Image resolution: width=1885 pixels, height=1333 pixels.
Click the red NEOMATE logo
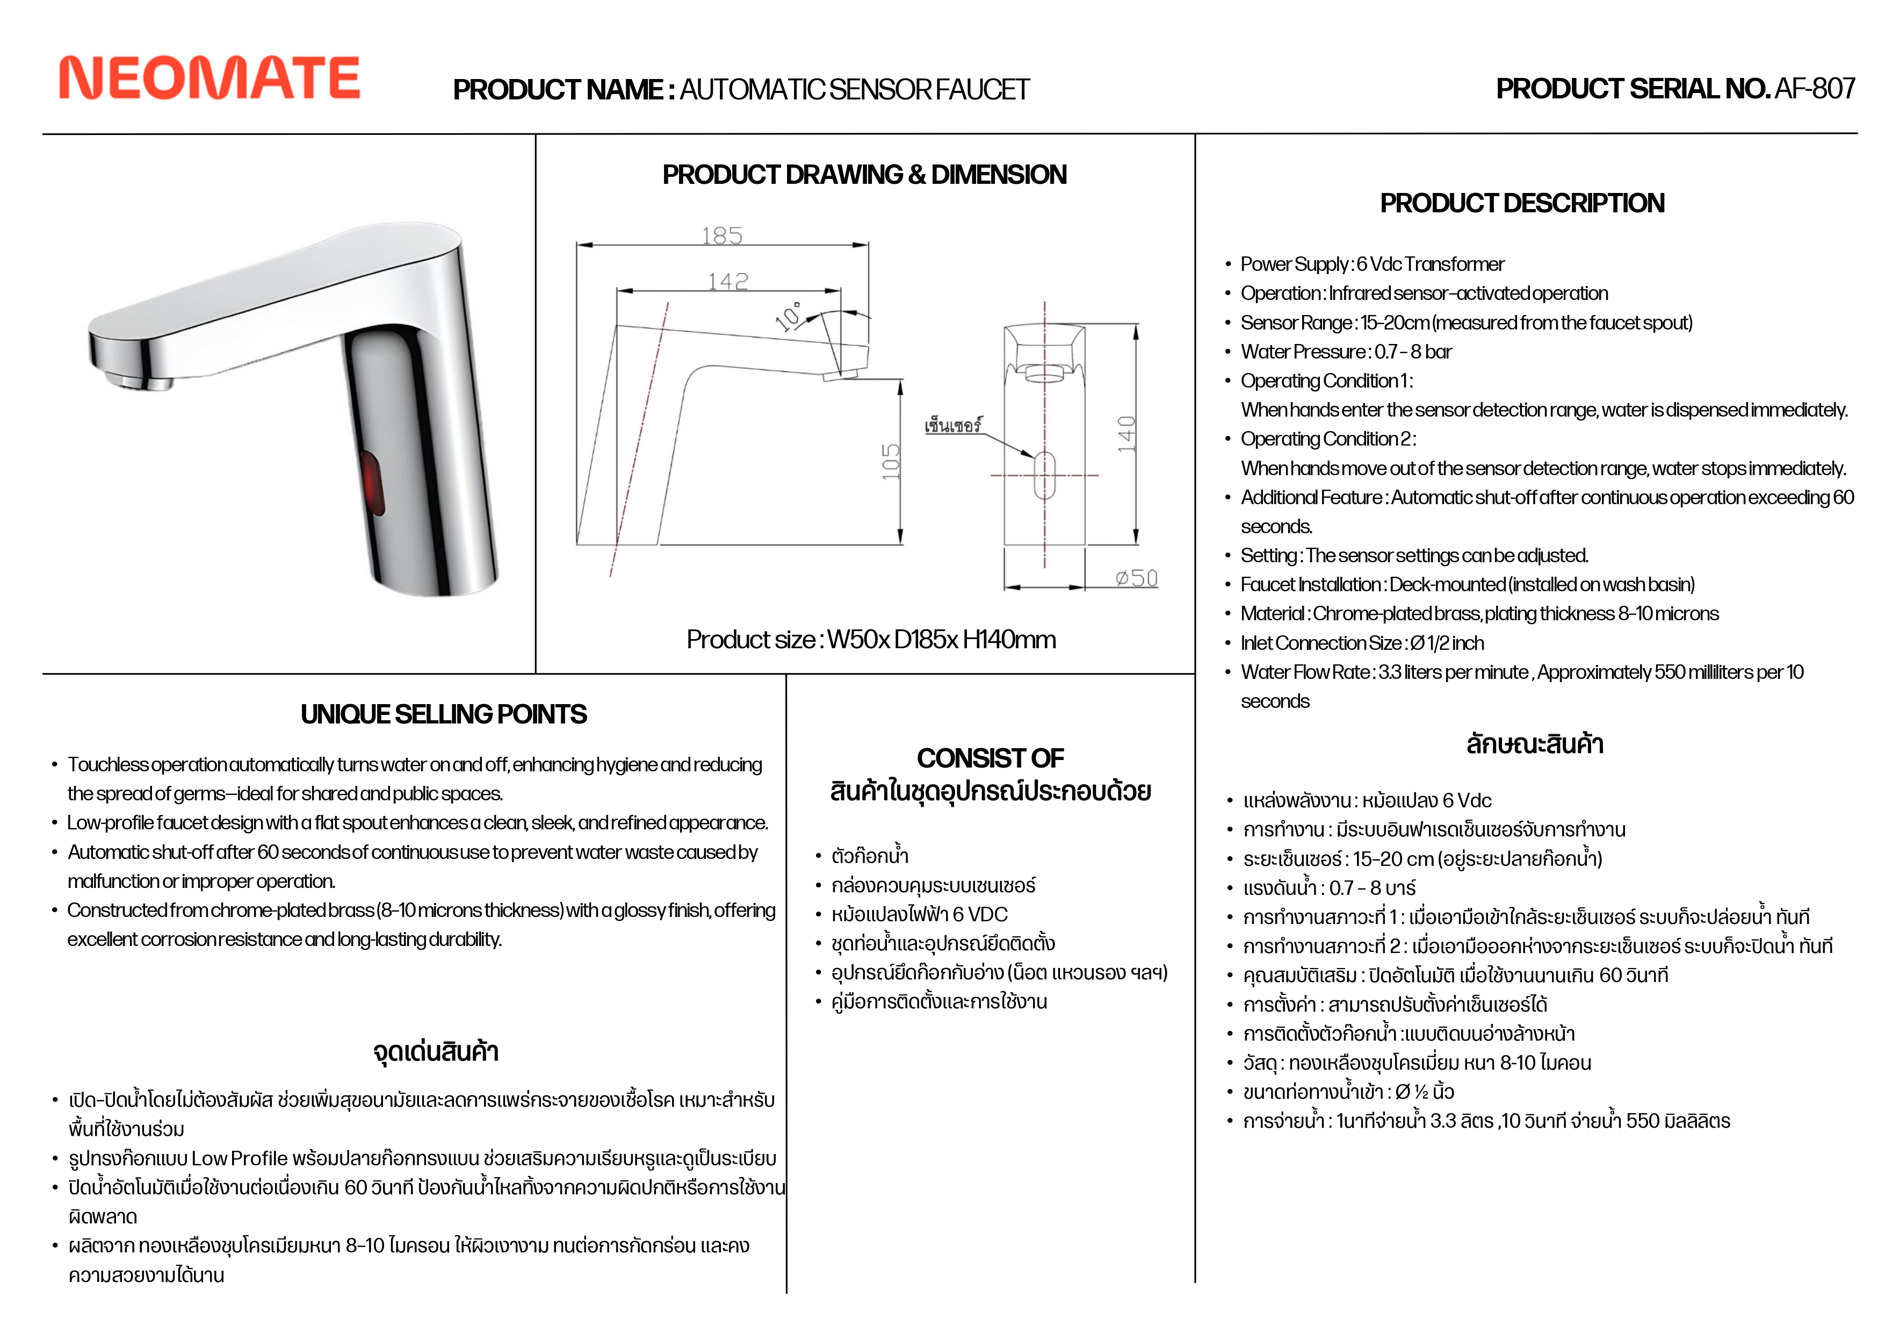coord(210,78)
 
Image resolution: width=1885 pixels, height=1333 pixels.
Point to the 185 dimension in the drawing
coord(721,236)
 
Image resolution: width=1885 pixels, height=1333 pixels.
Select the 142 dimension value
coord(728,282)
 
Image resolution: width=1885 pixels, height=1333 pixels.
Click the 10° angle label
coord(790,316)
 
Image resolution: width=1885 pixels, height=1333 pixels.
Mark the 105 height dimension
coord(891,462)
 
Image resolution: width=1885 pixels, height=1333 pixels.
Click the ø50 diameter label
coord(1136,578)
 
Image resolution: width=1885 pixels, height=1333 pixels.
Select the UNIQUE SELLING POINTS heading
coord(443,714)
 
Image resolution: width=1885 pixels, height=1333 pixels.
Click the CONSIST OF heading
coord(990,758)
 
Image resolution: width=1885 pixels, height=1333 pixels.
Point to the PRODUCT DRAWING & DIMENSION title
coord(864,175)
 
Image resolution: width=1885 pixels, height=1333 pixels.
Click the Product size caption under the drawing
coord(871,640)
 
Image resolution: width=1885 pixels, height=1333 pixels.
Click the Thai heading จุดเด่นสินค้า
coord(436,1052)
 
